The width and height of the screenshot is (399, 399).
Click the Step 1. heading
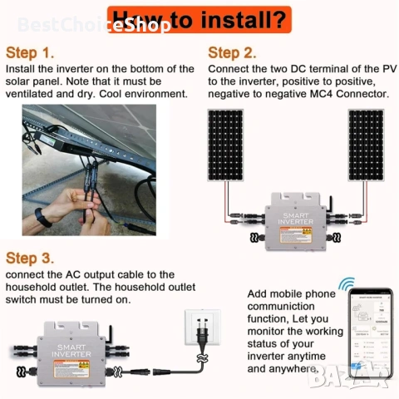(31, 52)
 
